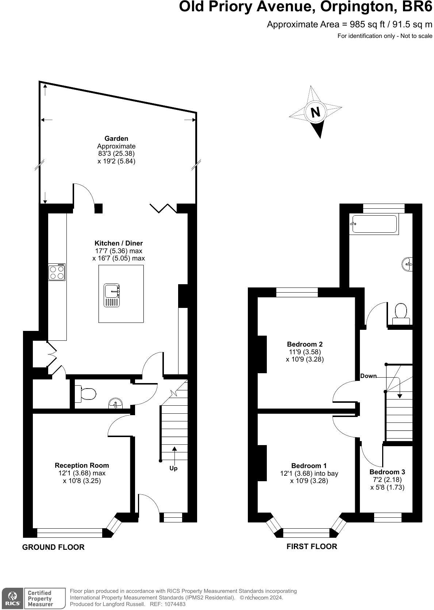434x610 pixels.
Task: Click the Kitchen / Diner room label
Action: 119,243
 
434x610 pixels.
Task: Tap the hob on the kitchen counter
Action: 57,272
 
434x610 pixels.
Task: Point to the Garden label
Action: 116,139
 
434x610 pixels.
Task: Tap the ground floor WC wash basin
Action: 115,404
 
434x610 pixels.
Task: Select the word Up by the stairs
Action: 173,468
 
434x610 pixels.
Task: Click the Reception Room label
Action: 82,466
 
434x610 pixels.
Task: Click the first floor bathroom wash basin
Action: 408,263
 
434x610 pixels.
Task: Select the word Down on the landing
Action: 368,376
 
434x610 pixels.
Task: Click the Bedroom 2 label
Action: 305,344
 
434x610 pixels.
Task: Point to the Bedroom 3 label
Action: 387,472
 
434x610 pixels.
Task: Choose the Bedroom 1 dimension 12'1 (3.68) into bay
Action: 309,474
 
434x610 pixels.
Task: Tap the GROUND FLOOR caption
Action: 53,547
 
